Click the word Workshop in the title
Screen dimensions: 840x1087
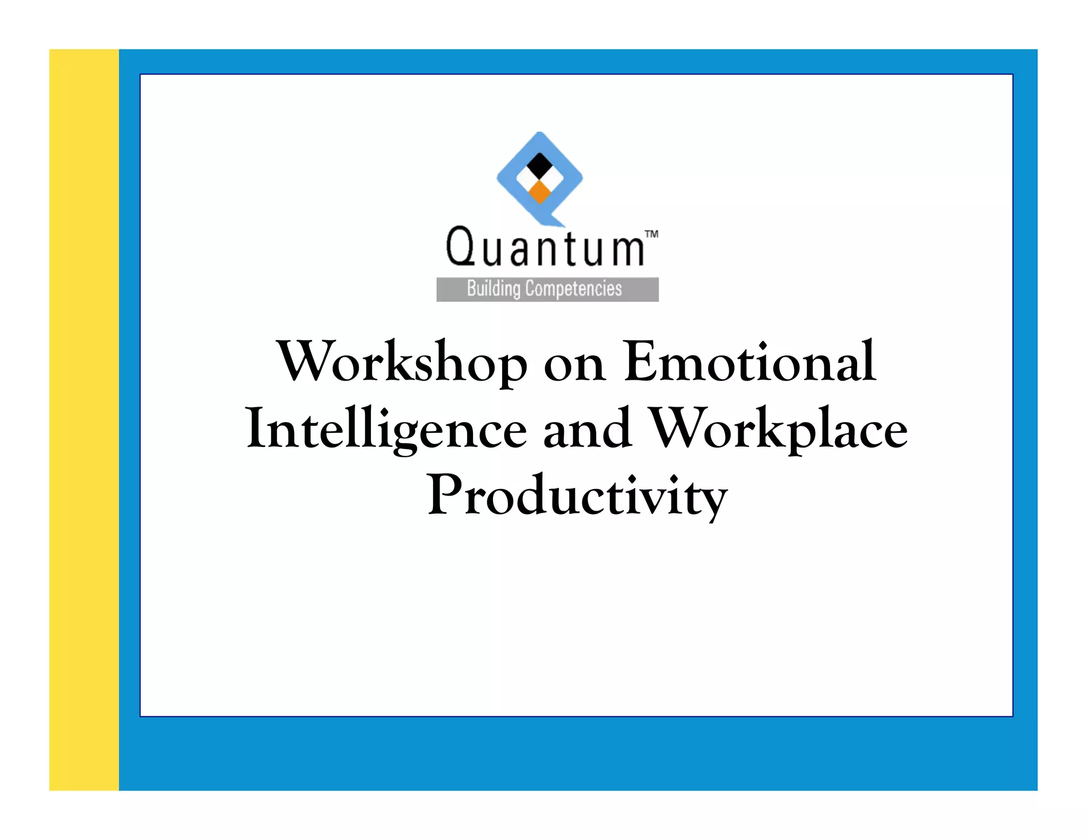click(x=402, y=362)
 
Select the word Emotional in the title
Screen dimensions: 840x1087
click(x=749, y=362)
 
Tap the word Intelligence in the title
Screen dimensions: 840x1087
click(x=386, y=429)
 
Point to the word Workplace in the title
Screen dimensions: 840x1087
click(x=779, y=429)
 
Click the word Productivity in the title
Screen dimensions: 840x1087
click(x=577, y=495)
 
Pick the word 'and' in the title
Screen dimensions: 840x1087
click(x=588, y=429)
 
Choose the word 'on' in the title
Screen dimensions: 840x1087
click(x=575, y=365)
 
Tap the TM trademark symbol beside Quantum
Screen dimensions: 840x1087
click(x=651, y=234)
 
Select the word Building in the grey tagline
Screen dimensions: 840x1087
click(x=494, y=289)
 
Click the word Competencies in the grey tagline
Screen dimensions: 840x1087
click(x=573, y=289)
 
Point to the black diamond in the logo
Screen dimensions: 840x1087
click(x=540, y=166)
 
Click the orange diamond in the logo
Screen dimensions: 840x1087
click(x=540, y=192)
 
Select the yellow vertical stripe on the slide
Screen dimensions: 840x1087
click(x=84, y=419)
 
